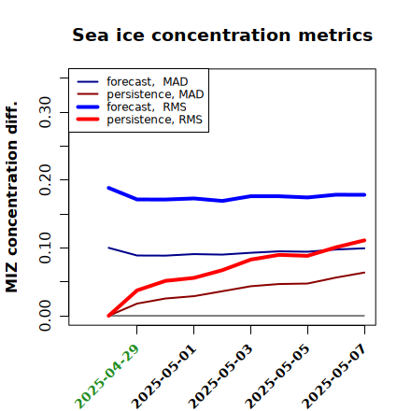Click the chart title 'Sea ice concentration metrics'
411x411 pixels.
click(222, 35)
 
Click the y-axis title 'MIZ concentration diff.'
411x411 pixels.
click(11, 197)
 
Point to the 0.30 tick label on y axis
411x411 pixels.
click(45, 112)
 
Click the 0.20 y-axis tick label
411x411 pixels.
click(45, 179)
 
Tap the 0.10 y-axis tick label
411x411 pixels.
click(45, 248)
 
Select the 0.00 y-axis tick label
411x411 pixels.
click(45, 316)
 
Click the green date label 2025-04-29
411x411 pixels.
click(106, 376)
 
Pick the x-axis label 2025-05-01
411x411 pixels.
click(163, 376)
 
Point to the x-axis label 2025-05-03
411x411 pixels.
click(220, 376)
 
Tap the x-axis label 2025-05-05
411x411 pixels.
click(277, 376)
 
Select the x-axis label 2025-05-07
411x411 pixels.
click(334, 376)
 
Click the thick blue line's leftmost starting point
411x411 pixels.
click(108, 188)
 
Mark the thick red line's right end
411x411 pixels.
click(364, 240)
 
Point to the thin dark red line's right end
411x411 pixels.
click(364, 273)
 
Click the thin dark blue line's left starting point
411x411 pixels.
click(108, 248)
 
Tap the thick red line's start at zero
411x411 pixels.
click(108, 316)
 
